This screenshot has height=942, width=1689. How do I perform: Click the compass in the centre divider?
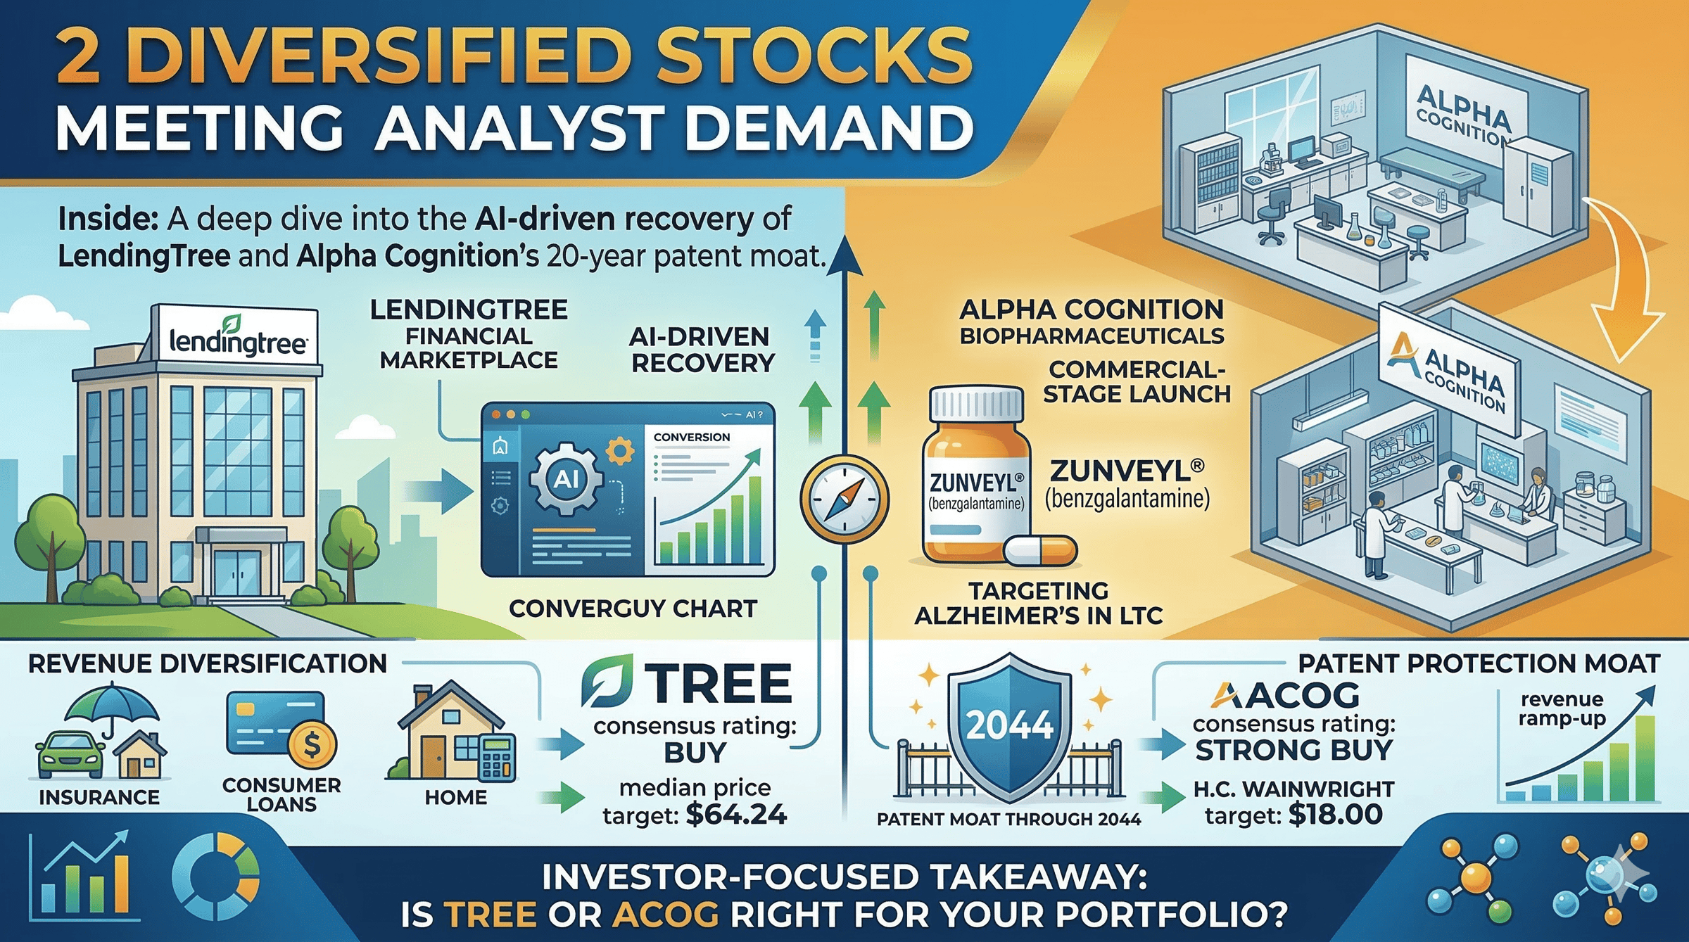[844, 499]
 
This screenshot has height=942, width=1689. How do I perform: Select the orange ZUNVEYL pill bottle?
[977, 474]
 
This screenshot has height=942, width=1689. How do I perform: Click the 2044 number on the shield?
[1010, 725]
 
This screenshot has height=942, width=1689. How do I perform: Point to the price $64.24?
[736, 815]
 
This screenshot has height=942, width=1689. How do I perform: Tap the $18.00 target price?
[1336, 815]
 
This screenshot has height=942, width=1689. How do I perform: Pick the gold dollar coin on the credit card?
[312, 744]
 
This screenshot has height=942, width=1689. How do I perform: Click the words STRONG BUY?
[1294, 751]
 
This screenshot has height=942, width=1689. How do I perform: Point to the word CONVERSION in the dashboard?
[692, 437]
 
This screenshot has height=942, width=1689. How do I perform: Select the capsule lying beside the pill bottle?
[1040, 550]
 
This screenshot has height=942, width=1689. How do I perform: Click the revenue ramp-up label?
[1562, 709]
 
